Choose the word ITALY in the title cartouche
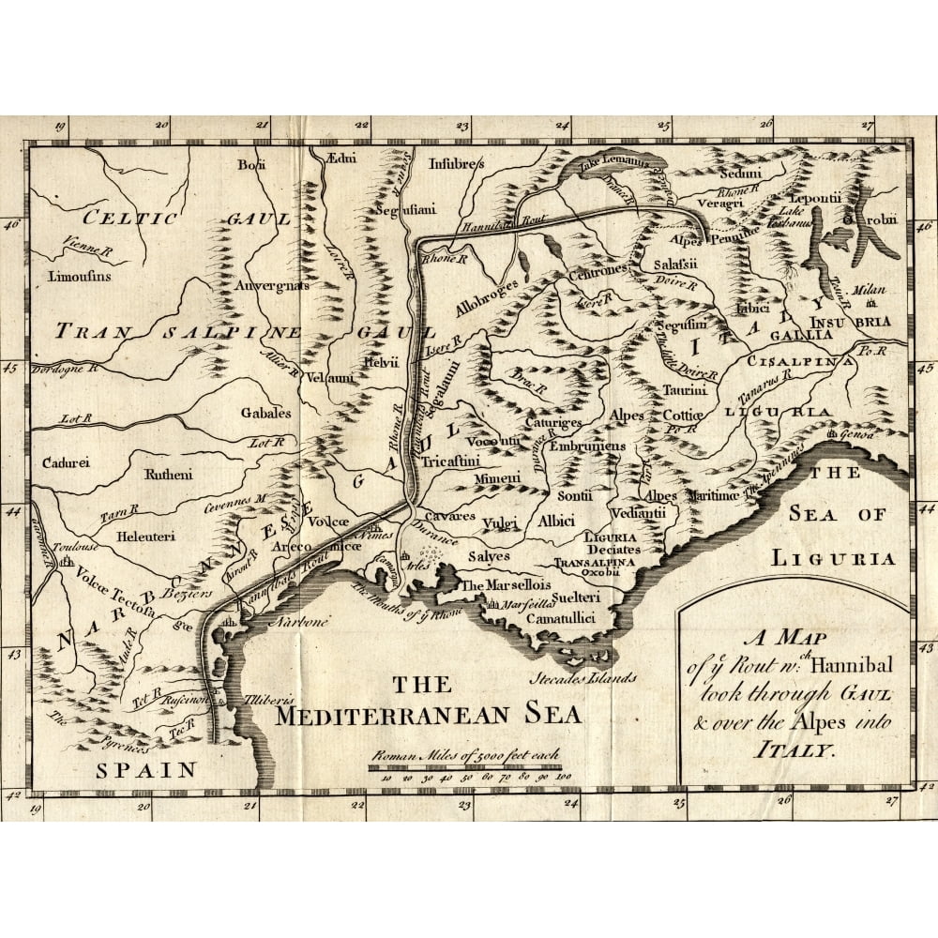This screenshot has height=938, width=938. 794,750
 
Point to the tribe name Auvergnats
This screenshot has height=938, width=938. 272,285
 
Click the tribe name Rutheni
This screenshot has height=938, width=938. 168,475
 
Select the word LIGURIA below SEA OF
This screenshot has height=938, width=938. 833,558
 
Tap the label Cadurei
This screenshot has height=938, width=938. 65,462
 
